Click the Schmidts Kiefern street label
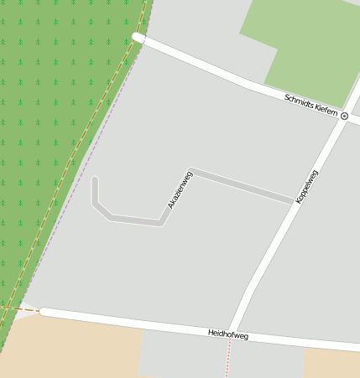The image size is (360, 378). [310, 105]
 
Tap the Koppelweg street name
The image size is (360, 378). [306, 186]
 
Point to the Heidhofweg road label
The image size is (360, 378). [228, 334]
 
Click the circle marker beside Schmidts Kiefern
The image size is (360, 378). [344, 117]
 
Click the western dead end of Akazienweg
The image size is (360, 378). [95, 179]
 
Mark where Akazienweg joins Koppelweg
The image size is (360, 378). [291, 202]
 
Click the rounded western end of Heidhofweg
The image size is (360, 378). [44, 312]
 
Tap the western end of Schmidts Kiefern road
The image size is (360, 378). [137, 38]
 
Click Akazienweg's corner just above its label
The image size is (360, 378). [192, 171]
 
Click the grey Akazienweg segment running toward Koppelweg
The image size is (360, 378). [243, 187]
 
